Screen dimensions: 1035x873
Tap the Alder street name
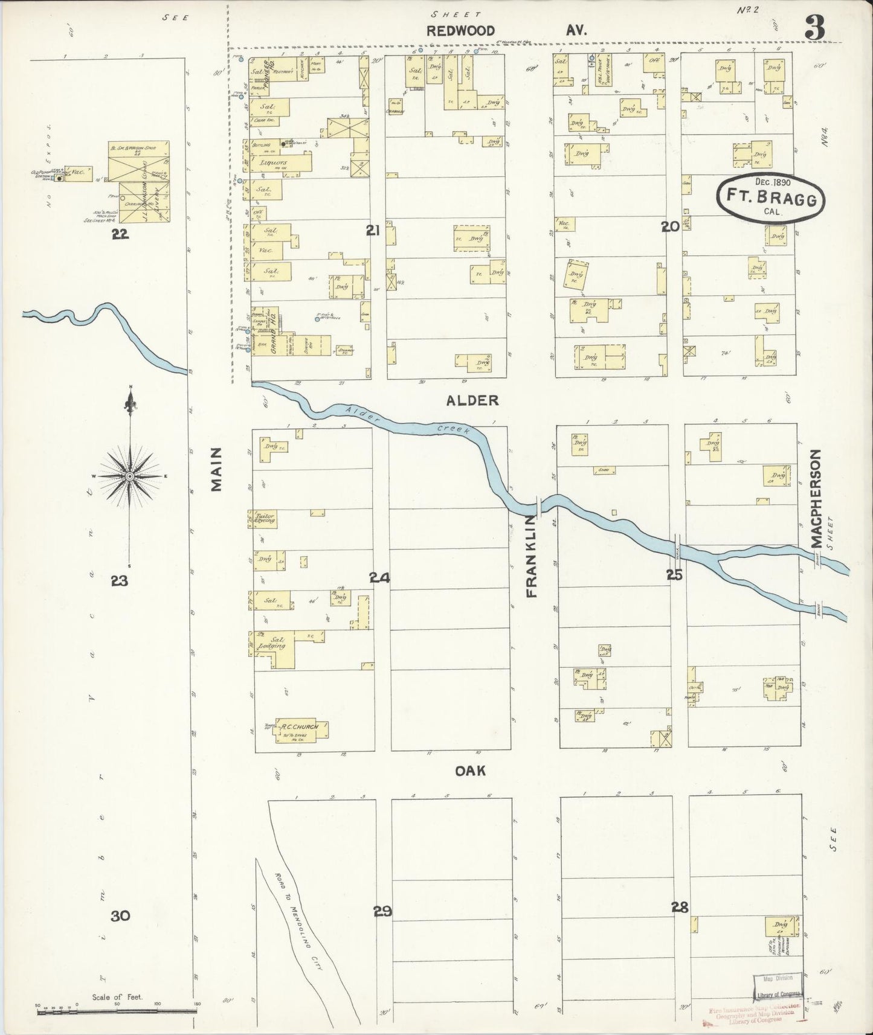(x=472, y=400)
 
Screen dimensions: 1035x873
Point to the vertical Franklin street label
(x=532, y=556)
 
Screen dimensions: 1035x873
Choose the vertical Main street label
(x=216, y=469)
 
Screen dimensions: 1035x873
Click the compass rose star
(x=130, y=476)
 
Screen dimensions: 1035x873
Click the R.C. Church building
(x=298, y=729)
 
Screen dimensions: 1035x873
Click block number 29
(x=382, y=911)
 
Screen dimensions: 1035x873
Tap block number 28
(x=679, y=906)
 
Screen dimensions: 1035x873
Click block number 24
(x=379, y=578)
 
